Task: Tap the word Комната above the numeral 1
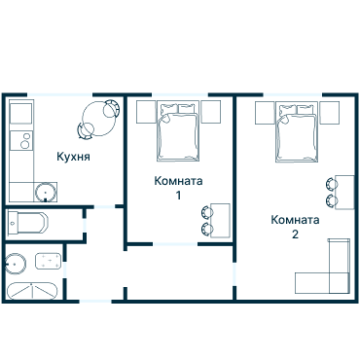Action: [179, 181]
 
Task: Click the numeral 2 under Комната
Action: [294, 234]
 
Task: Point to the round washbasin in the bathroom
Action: [15, 261]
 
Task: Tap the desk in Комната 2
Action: [343, 192]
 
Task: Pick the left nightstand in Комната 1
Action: [145, 110]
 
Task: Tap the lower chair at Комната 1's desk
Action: [207, 229]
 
